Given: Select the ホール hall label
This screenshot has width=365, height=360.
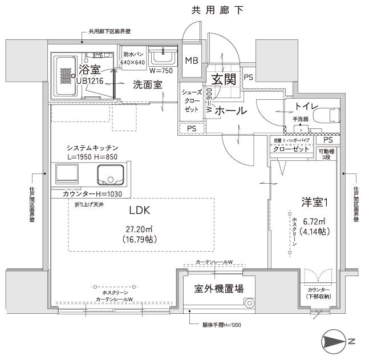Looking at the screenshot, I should [231, 110].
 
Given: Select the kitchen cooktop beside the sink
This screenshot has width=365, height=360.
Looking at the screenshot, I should [67, 173].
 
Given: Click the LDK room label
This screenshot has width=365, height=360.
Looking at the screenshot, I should [139, 210].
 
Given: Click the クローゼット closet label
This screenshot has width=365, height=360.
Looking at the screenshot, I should [291, 149].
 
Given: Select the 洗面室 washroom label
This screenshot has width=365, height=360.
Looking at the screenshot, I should [148, 84].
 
